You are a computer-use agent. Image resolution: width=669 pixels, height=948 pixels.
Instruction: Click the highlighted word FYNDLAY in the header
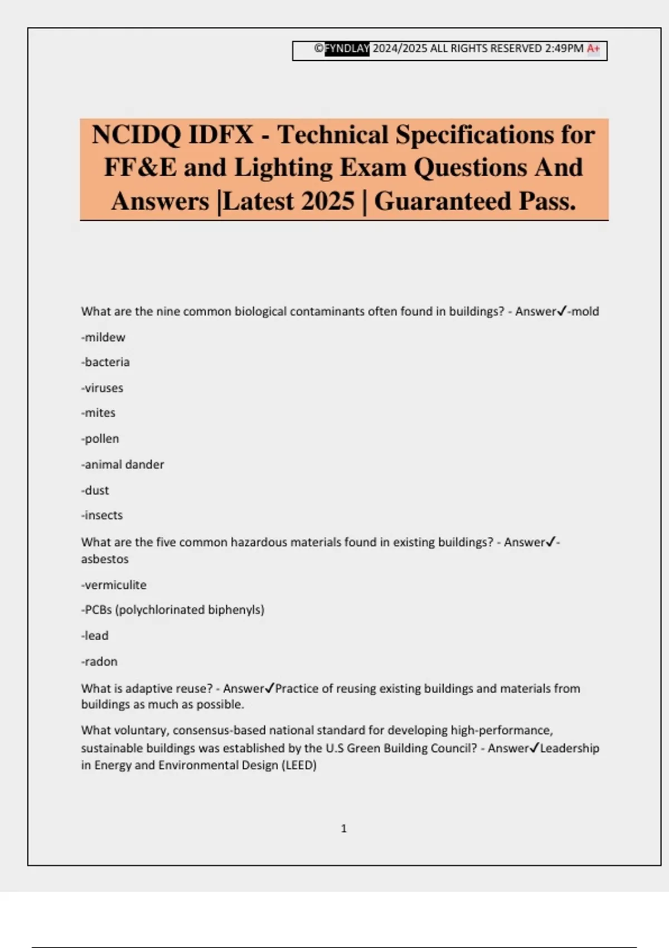tap(347, 49)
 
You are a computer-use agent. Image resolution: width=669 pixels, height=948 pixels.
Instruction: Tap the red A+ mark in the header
tap(593, 49)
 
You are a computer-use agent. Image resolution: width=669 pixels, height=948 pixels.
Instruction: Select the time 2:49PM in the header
tap(564, 49)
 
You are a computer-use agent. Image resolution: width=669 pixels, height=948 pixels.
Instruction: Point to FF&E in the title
tap(140, 168)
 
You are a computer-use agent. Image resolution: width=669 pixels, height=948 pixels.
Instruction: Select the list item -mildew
tap(103, 337)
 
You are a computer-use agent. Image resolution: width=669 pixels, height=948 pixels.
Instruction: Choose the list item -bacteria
tap(105, 362)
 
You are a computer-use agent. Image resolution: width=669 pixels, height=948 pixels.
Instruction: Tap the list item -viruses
tap(102, 388)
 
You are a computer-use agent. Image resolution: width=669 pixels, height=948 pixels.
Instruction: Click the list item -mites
tap(98, 413)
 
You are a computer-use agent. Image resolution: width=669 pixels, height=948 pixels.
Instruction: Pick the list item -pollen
tap(100, 439)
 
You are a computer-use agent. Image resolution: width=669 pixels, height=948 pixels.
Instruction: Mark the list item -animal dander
tap(123, 465)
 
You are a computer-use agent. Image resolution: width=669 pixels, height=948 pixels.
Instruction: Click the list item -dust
tap(95, 490)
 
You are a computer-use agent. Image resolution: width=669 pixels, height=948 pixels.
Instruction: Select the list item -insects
tap(102, 515)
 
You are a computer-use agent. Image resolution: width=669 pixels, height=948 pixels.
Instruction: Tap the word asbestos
tap(105, 559)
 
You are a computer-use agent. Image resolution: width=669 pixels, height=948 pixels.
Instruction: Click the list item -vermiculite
tap(114, 585)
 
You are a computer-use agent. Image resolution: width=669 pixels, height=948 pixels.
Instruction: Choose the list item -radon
tap(99, 662)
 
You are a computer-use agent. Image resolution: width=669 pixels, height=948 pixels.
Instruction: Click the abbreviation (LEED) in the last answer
tap(298, 765)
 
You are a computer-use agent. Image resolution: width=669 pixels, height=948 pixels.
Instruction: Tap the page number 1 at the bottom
tap(343, 829)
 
